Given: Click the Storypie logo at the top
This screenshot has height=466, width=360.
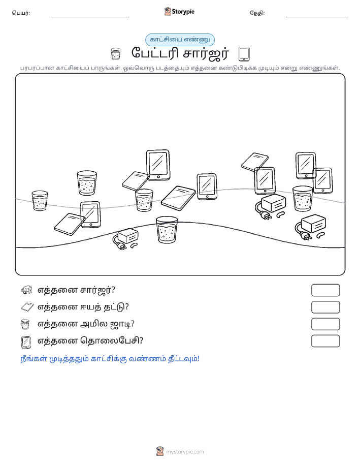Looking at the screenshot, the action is tap(179, 12).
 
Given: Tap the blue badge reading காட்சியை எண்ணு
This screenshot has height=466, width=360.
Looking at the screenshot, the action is tap(180, 40).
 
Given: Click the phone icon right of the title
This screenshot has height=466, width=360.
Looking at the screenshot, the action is tap(244, 54).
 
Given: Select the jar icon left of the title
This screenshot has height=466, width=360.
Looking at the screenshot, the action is tap(116, 54).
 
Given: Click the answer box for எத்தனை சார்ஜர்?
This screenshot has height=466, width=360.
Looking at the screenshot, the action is tap(325, 290).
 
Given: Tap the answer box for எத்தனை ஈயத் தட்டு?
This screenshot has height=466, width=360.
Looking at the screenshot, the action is tap(325, 307).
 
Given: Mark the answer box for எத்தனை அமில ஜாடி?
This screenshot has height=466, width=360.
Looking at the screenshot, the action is tap(325, 324).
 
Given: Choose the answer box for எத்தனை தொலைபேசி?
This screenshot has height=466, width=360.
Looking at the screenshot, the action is tap(325, 341).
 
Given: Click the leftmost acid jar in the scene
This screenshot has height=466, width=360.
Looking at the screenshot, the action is tap(40, 201).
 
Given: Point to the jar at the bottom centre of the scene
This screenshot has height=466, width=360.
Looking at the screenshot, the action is tap(167, 230).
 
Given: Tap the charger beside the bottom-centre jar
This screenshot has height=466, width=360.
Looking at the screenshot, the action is tap(125, 239).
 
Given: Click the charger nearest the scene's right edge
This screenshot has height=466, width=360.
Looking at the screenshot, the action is tap(310, 227).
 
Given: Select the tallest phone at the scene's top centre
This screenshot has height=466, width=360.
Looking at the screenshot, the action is tap(158, 165).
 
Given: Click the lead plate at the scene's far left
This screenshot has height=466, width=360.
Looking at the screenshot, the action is tap(70, 224).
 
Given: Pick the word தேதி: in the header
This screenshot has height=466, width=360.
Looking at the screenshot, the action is tap(257, 13).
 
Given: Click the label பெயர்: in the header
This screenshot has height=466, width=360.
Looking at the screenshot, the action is tap(21, 13).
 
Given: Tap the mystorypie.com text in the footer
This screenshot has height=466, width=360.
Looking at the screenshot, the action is tap(185, 452).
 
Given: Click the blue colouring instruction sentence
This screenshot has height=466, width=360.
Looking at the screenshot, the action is tap(110, 359).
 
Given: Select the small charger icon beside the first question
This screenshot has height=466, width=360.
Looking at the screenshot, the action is tap(27, 290).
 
